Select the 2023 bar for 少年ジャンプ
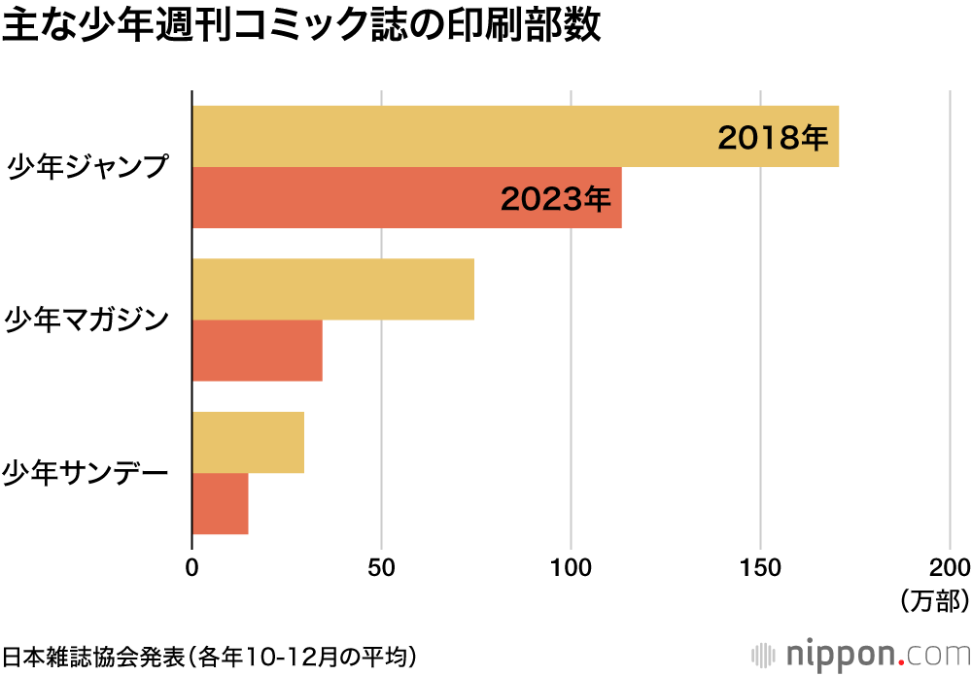[x=340, y=198]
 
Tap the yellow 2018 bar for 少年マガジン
[x=332, y=289]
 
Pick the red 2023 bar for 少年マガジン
[x=257, y=351]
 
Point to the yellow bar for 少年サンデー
[x=248, y=442]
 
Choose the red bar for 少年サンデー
[x=220, y=503]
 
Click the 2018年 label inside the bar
[x=773, y=138]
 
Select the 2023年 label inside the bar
[x=556, y=199]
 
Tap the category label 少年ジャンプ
[x=87, y=167]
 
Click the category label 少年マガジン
[x=87, y=320]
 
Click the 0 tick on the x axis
[x=192, y=567]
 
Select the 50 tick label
[x=382, y=567]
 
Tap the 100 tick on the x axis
[x=571, y=567]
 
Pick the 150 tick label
[x=760, y=567]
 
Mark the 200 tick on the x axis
[x=949, y=567]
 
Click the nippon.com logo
[x=860, y=653]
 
